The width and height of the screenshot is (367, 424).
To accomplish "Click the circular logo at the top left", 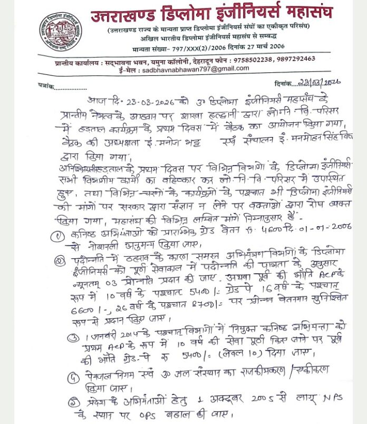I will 59,31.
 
